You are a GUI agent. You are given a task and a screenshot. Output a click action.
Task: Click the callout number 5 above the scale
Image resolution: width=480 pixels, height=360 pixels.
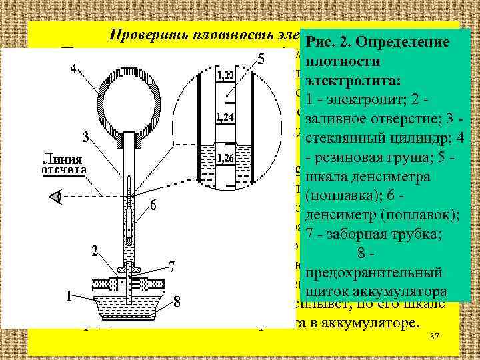261,59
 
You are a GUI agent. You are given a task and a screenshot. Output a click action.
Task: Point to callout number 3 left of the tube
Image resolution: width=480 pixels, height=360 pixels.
85,137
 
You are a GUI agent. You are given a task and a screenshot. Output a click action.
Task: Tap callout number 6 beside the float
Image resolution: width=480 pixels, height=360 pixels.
153,207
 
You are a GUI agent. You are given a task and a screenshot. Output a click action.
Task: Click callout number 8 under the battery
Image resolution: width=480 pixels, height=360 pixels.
177,302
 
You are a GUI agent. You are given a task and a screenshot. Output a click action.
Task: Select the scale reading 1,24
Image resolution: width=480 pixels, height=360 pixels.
225,118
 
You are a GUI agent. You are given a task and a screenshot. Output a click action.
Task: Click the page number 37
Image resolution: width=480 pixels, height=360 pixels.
435,337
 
